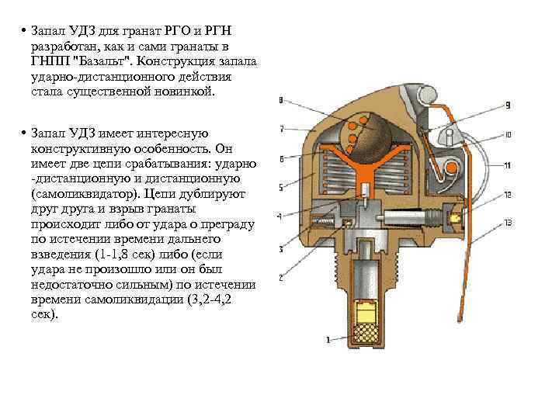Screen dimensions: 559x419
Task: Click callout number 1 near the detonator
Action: [328, 339]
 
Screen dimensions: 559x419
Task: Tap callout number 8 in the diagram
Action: [280, 99]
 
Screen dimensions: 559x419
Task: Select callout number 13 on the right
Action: [508, 223]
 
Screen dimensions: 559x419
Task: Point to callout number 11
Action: [507, 165]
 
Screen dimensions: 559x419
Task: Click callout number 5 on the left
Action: [281, 187]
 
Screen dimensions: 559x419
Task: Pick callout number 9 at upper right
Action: [507, 105]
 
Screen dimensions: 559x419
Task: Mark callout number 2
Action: [281, 276]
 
